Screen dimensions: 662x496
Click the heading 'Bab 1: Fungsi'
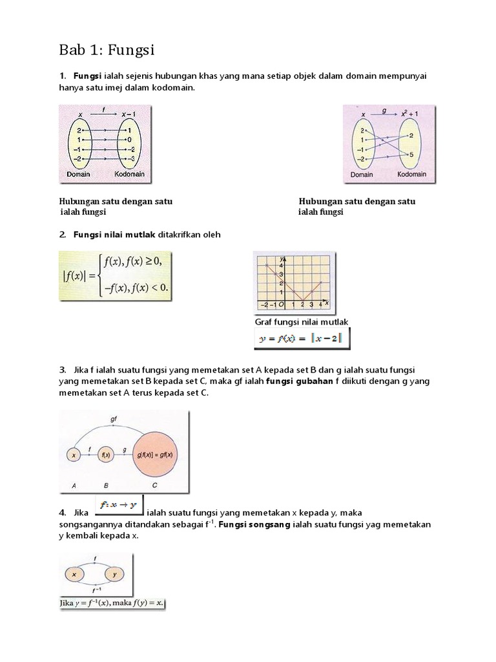[x=107, y=50]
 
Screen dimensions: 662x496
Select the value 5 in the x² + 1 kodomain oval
[x=411, y=155]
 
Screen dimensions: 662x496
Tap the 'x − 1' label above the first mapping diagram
[x=130, y=114]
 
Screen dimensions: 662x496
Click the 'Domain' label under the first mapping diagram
[x=77, y=175]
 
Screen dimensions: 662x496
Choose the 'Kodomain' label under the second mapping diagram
[x=411, y=175]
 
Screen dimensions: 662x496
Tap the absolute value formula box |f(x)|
[x=117, y=275]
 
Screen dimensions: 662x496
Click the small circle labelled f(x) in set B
[x=106, y=455]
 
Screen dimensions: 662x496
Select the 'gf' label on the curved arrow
[x=114, y=419]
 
